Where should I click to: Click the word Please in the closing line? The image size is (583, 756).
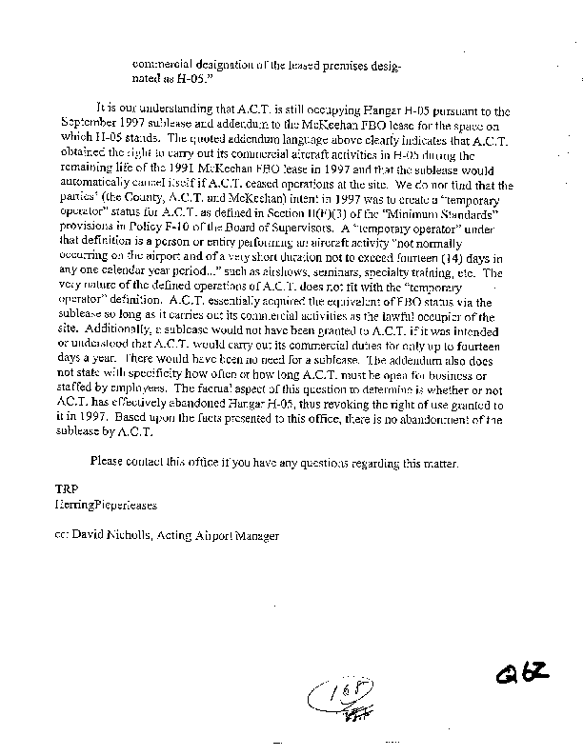pos(111,463)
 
